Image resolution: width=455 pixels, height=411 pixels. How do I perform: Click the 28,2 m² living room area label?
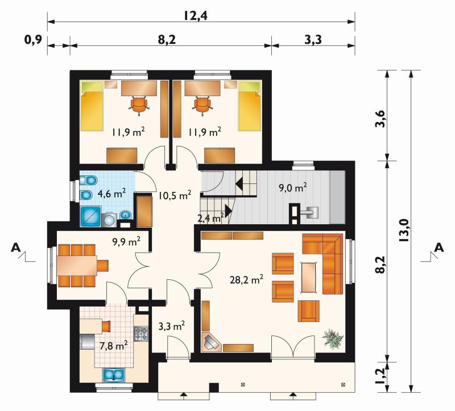point(246,280)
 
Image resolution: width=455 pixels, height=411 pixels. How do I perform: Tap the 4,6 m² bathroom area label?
point(111,193)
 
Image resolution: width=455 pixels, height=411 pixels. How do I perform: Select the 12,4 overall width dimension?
point(195,16)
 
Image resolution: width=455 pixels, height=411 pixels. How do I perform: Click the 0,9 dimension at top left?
point(34,40)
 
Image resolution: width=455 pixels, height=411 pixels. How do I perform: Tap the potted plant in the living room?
point(333,338)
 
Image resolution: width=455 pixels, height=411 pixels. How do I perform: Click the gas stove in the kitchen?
point(141,333)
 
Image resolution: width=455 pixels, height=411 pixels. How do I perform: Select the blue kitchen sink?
point(114,375)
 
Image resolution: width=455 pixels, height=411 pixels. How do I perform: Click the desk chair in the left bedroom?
point(139,105)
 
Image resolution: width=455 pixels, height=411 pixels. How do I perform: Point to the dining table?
point(77,265)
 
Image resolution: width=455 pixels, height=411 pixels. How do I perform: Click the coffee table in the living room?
point(308,277)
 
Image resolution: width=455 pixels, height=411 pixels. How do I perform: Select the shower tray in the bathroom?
point(90,216)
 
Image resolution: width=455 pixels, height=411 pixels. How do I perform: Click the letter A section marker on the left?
point(16,248)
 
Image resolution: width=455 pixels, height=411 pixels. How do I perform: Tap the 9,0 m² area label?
point(293,188)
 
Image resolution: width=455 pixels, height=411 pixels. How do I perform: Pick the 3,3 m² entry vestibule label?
point(172,326)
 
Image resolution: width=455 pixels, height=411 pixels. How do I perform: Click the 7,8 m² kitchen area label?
point(113,346)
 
